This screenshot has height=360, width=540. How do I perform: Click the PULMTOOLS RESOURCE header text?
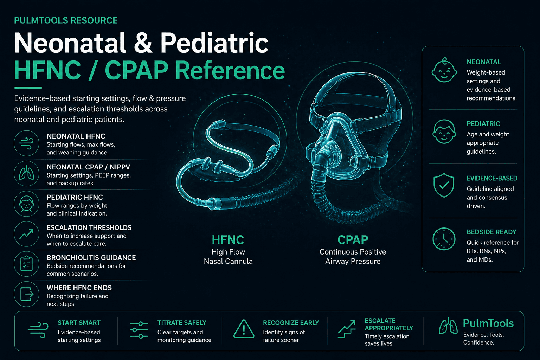point(66,20)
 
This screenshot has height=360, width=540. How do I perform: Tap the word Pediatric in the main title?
point(214,44)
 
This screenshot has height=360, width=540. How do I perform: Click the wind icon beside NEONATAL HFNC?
point(26,143)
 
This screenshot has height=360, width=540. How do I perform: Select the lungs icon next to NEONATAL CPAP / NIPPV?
point(26,174)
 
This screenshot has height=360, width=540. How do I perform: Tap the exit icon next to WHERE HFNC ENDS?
point(26,294)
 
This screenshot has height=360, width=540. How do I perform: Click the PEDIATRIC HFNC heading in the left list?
point(75,197)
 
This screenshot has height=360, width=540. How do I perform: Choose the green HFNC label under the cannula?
point(228,240)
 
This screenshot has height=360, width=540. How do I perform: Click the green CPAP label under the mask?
point(353,240)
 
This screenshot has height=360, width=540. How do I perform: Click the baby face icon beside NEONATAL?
point(444,70)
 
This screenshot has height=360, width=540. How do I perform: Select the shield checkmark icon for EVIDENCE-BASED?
point(444,185)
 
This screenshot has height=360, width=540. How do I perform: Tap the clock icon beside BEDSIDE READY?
point(444,239)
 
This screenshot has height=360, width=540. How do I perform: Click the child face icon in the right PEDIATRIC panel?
point(444,132)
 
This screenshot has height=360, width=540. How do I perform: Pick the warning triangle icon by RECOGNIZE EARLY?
point(244,329)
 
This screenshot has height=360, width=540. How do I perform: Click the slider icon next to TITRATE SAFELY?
point(139,330)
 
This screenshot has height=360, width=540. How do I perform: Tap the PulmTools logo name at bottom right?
point(488,323)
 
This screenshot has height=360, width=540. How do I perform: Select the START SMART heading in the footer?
point(79,323)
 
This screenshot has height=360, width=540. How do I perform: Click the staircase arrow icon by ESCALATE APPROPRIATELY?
point(347,329)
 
